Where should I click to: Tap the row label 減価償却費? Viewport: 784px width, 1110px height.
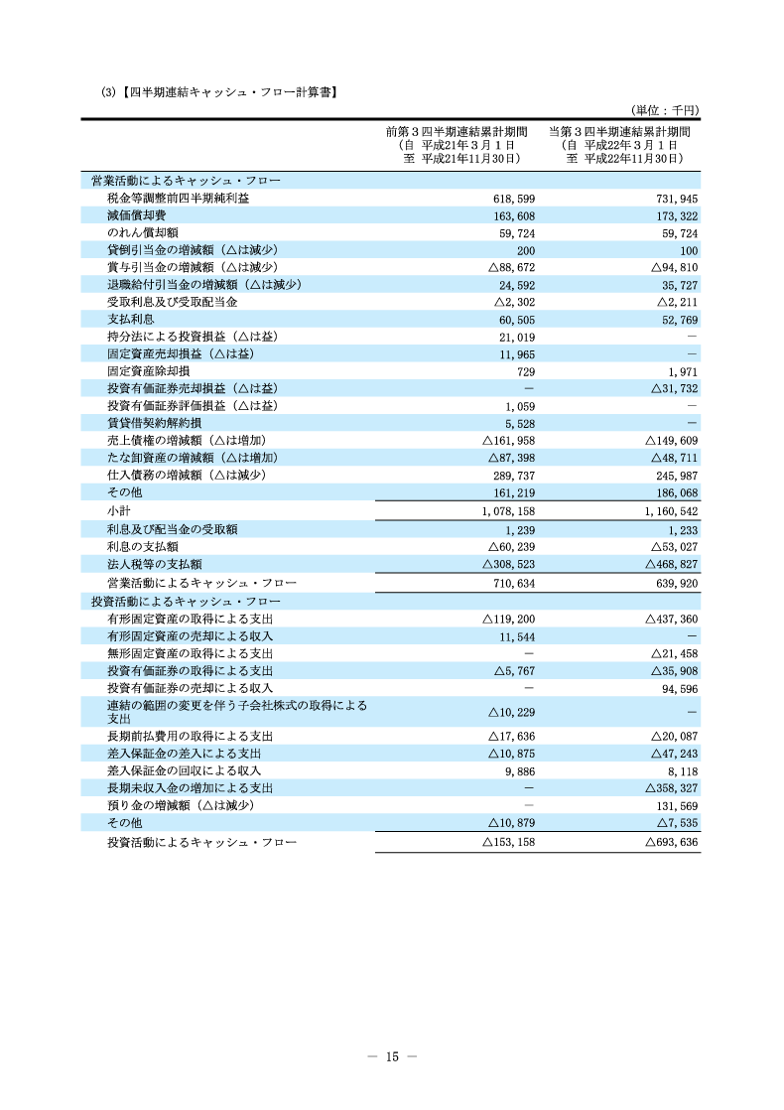pyautogui.click(x=136, y=215)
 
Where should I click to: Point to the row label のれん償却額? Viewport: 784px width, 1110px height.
pyautogui.click(x=143, y=233)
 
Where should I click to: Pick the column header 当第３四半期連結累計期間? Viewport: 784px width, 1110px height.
pyautogui.click(x=619, y=131)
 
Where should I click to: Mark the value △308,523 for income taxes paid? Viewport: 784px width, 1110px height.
pyautogui.click(x=508, y=563)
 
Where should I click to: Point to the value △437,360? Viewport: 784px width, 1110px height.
pyautogui.click(x=672, y=619)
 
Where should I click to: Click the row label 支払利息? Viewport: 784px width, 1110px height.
pyautogui.click(x=130, y=319)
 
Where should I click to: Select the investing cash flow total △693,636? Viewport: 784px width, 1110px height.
pyautogui.click(x=672, y=842)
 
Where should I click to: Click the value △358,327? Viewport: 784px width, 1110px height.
pyautogui.click(x=672, y=787)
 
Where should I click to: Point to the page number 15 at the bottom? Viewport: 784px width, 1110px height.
pyautogui.click(x=392, y=1056)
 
